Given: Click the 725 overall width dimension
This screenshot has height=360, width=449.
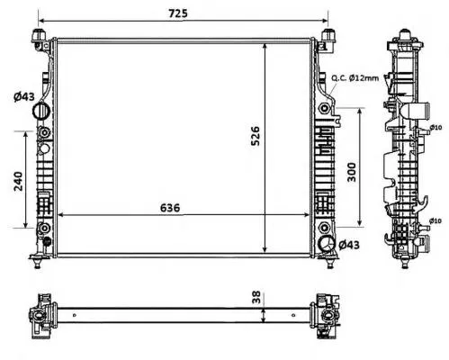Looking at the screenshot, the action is (x=178, y=13).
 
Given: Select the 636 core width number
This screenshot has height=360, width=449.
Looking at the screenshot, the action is (x=170, y=208).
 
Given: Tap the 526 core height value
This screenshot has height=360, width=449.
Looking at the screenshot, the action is (x=256, y=136).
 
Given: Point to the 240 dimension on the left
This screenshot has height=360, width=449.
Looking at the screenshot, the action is (x=18, y=181).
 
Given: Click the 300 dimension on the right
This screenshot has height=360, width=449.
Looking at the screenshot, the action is (x=352, y=172).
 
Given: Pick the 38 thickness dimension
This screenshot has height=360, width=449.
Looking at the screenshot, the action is (x=256, y=297).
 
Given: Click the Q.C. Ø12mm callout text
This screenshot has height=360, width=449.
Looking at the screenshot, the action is (x=355, y=78).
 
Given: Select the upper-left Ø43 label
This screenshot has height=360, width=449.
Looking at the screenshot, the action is (x=24, y=96).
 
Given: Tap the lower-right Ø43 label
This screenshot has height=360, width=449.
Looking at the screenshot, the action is (x=349, y=245).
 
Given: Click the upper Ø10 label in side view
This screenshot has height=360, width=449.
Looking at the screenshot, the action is (x=436, y=128).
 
